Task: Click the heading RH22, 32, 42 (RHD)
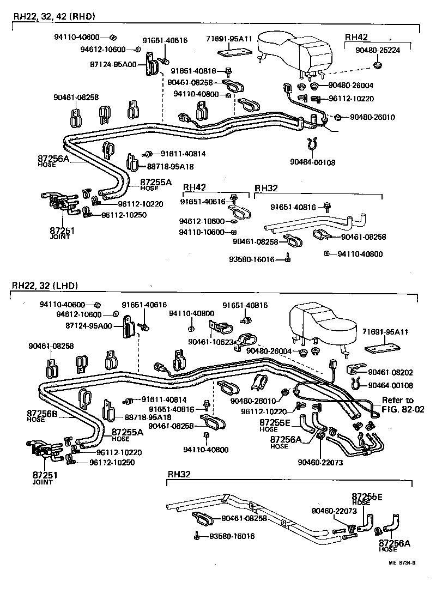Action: (x=53, y=16)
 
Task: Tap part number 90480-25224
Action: (x=378, y=50)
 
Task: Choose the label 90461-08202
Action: (x=390, y=372)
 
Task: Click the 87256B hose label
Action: (x=43, y=416)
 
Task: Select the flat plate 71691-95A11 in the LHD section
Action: (x=382, y=347)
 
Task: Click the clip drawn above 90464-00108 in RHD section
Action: (x=312, y=144)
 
